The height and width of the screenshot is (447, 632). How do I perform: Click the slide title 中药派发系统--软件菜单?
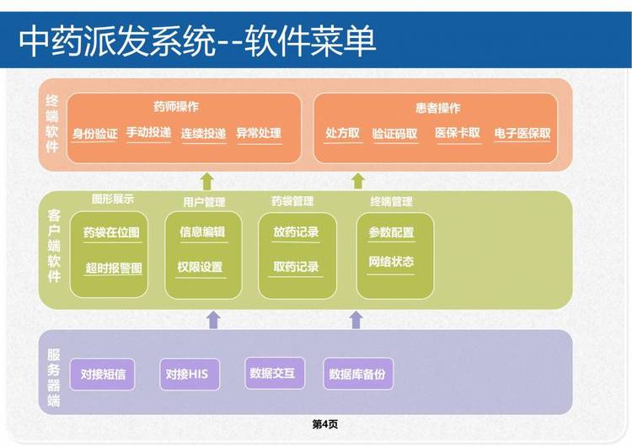coord(197,40)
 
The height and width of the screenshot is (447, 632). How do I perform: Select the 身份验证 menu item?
coord(94,134)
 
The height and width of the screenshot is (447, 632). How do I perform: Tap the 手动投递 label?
coord(148,132)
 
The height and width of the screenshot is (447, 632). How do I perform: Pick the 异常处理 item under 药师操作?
coord(259,133)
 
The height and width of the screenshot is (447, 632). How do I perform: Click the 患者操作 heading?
coord(437,108)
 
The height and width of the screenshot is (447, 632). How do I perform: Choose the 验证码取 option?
coord(394,134)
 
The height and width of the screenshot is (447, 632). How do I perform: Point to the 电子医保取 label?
coord(522,133)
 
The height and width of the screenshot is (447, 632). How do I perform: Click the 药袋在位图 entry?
coord(111,232)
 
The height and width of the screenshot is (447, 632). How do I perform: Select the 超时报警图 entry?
coord(114,269)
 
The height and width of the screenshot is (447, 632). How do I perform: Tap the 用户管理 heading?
coord(204,202)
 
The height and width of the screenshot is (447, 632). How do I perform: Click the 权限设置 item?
coord(200,267)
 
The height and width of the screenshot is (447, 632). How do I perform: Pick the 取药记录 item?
coord(296,267)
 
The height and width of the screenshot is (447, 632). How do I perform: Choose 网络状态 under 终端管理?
coord(391,262)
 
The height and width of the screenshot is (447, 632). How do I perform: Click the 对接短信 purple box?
coord(102,374)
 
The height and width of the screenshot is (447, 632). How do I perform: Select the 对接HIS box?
coord(190,374)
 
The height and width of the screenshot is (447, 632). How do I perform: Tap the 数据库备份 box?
coord(358,374)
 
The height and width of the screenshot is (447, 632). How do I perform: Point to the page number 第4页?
coord(325,424)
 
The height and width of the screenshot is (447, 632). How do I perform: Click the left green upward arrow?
coord(207,181)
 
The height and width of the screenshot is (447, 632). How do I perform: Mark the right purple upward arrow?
coord(356,320)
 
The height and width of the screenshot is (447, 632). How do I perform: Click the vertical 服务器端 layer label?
coord(54,377)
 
